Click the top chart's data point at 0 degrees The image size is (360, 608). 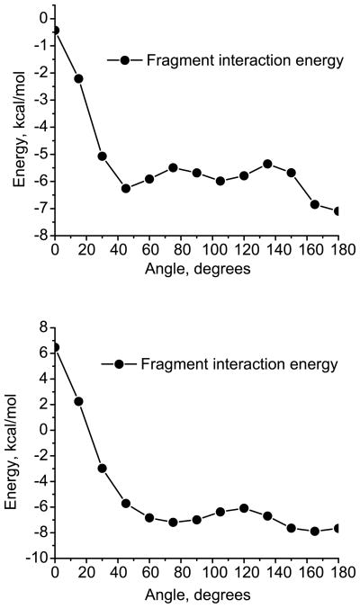coord(56,30)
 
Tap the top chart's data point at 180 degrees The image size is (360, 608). coord(338,211)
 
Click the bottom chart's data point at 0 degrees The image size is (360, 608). coord(56,347)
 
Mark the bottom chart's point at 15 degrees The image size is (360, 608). coord(79,401)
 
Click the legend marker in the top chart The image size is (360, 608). coord(125,60)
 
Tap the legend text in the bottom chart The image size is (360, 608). coord(238,364)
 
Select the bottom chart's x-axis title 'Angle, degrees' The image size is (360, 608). coord(196,595)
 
